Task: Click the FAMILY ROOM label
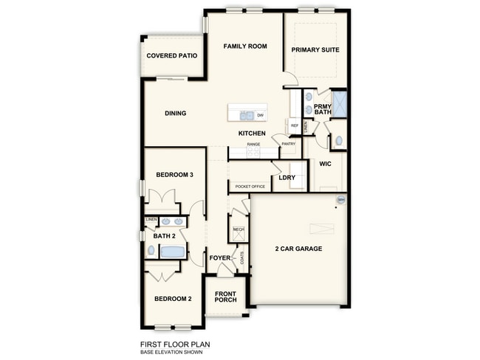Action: pos(245,46)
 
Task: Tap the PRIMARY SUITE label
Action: pos(315,50)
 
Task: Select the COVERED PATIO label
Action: pos(172,56)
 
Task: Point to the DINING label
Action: pos(175,114)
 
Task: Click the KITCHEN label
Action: pos(251,133)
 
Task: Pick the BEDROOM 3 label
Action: pos(174,175)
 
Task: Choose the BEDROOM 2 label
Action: pos(173,299)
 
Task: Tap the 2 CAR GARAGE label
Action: pos(298,249)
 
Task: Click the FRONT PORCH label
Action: pos(224,297)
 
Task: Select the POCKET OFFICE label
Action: pos(250,187)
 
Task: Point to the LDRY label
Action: pos(287,178)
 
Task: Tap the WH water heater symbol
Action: pos(340,200)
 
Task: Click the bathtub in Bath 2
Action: pos(172,252)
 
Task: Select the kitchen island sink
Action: pos(247,115)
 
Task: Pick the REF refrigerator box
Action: pos(294,126)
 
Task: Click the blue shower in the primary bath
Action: pos(340,103)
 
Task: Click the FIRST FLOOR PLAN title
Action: pos(176,344)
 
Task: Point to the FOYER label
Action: pos(219,258)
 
